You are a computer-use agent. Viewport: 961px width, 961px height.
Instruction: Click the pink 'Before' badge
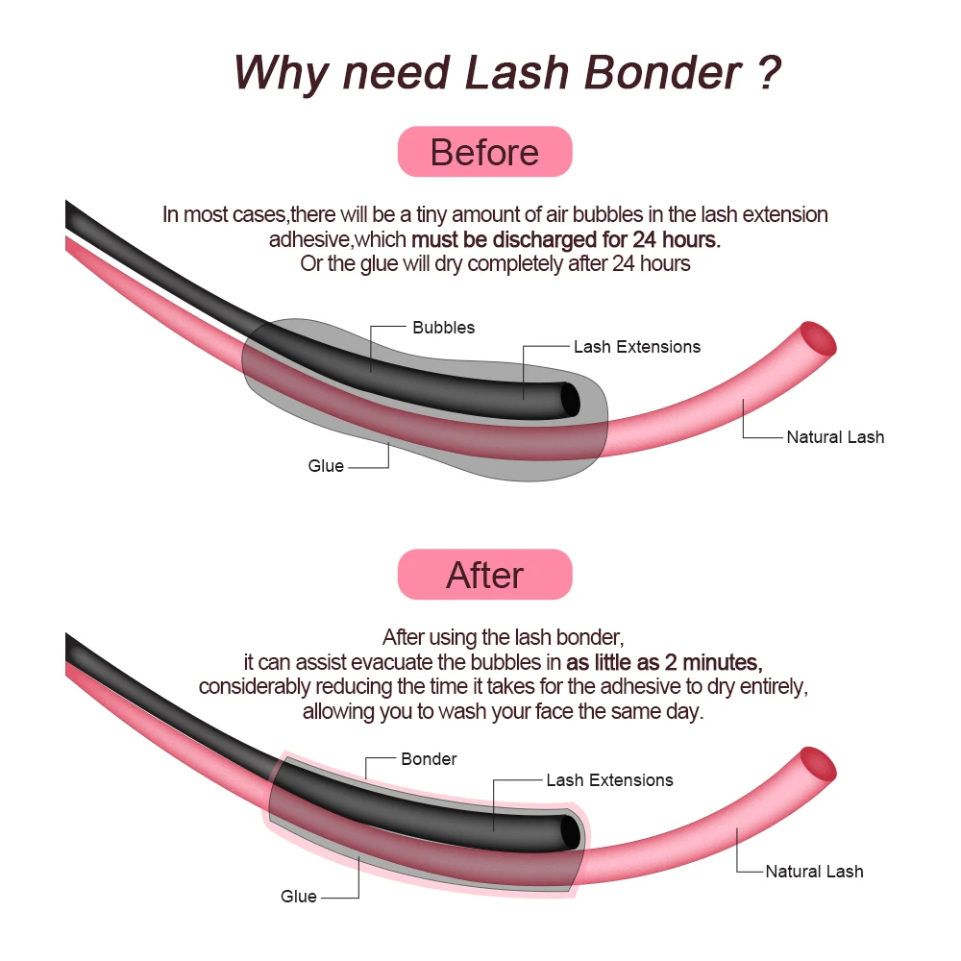tap(484, 153)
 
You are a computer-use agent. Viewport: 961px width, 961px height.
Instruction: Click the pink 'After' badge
tap(484, 575)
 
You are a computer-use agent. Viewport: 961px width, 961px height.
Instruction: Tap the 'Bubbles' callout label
tap(443, 328)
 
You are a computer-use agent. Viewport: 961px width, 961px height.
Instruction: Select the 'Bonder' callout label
tap(429, 759)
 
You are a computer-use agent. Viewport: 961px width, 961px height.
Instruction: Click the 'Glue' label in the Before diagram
tap(326, 466)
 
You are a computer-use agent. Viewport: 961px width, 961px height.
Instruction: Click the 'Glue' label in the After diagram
tap(299, 897)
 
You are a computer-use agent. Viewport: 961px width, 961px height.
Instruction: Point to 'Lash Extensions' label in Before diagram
tap(637, 347)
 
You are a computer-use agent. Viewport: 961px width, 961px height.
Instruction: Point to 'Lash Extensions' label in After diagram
tap(609, 780)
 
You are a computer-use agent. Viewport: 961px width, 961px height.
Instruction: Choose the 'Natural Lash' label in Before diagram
tap(835, 437)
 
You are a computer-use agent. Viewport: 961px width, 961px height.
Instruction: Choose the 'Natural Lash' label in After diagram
tap(814, 872)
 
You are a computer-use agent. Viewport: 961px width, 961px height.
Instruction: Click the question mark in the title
tap(766, 73)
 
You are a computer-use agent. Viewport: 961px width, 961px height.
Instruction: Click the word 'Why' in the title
tap(280, 73)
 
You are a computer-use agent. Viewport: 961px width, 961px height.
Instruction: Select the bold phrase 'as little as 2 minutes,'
tap(664, 662)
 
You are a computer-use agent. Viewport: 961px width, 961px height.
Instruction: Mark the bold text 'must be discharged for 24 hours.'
tap(565, 238)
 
